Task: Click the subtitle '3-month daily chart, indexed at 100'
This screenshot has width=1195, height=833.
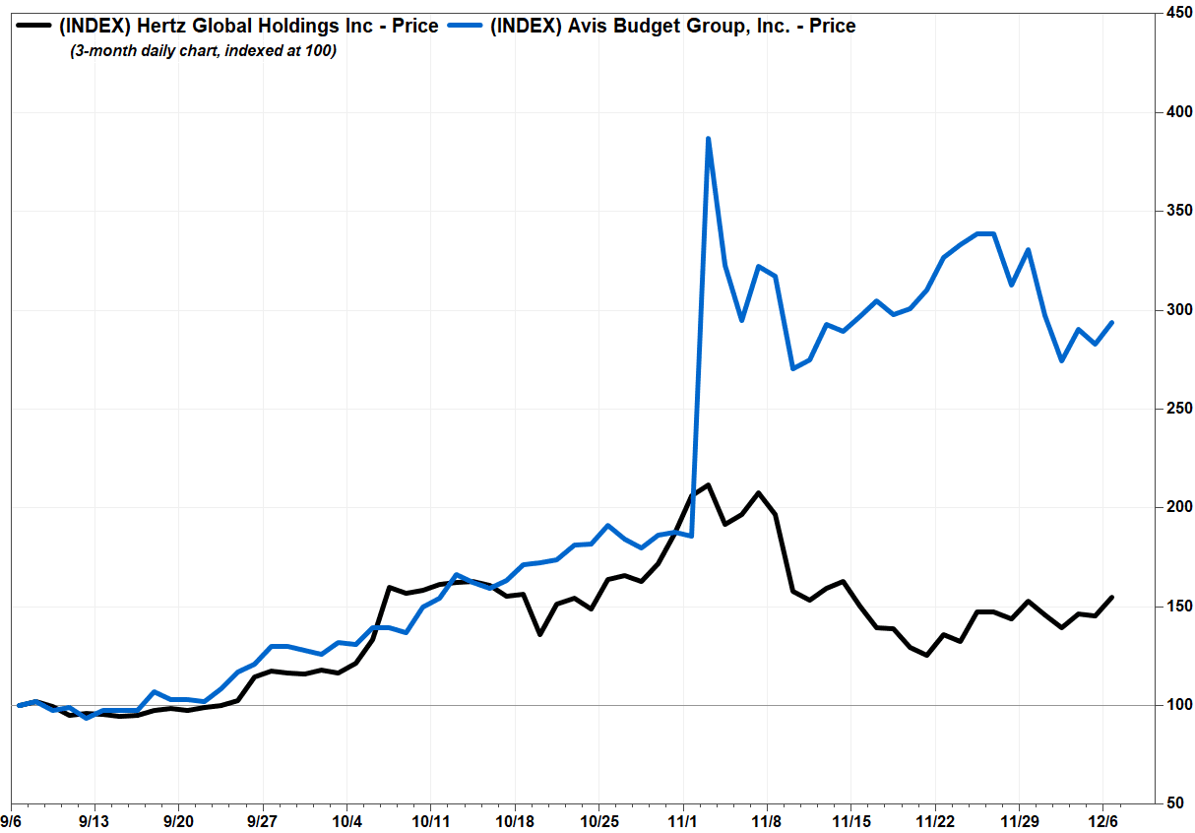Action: pyautogui.click(x=203, y=51)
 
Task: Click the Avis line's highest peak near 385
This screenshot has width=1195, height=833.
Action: pyautogui.click(x=708, y=139)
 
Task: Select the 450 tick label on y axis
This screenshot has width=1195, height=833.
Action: pyautogui.click(x=1172, y=13)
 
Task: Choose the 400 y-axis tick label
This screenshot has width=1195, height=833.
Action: pyautogui.click(x=1172, y=112)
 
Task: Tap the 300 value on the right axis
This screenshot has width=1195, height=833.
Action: pyautogui.click(x=1172, y=310)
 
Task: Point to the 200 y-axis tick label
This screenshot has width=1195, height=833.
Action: pyautogui.click(x=1172, y=507)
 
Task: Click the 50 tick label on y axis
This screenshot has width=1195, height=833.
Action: pyautogui.click(x=1176, y=803)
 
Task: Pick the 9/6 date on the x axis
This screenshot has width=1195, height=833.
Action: pyautogui.click(x=11, y=820)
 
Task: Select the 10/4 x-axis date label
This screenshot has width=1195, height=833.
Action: pyautogui.click(x=347, y=820)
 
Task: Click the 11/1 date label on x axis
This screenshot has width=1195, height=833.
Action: pyautogui.click(x=683, y=820)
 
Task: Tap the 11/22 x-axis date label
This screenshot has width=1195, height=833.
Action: pyautogui.click(x=934, y=820)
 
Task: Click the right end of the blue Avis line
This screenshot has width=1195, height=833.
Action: pyautogui.click(x=1112, y=322)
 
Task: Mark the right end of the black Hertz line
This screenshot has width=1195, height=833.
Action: pyautogui.click(x=1112, y=597)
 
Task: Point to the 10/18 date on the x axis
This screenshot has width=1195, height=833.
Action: pyautogui.click(x=515, y=820)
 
